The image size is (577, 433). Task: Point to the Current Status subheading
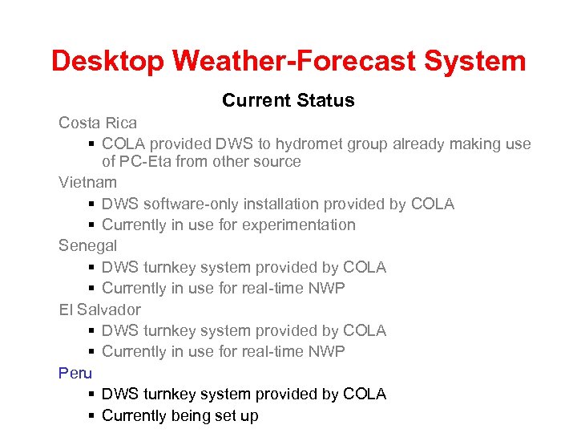(288, 100)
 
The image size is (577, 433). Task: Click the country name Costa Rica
(97, 123)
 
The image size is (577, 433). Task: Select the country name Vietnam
(87, 183)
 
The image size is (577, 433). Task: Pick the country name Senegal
(87, 246)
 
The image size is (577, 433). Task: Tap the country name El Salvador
(99, 310)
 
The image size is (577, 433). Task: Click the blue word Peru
(75, 373)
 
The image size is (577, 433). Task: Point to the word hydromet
(309, 144)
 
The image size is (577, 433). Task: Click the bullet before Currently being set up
(92, 416)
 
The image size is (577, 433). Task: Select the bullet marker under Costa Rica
(92, 144)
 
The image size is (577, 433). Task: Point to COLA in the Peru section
(364, 395)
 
